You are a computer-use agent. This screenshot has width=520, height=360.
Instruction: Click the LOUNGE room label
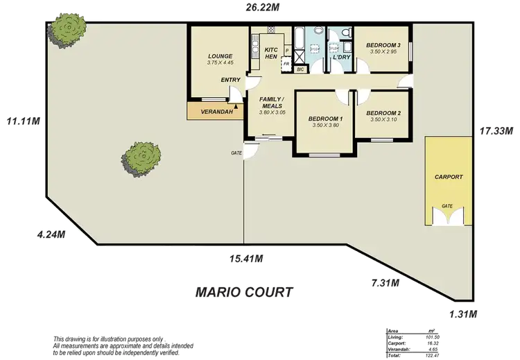pos(220,56)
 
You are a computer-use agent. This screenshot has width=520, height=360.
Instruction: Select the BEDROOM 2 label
pos(383,113)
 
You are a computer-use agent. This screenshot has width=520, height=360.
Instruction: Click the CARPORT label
pos(449,177)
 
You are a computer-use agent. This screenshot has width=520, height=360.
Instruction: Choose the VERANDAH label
pos(212,111)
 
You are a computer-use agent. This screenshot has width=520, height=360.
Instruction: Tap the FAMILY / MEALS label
pos(272,103)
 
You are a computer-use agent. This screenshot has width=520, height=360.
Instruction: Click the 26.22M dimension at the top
pos(263,7)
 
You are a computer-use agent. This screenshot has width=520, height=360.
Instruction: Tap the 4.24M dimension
pos(51,234)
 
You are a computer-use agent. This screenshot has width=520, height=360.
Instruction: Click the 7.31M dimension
pos(385,282)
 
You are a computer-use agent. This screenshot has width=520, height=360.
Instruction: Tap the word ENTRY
pos(231,80)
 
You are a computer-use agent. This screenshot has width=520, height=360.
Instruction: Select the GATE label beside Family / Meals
pos(237,153)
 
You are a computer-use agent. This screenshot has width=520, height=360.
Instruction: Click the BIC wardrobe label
pos(301,69)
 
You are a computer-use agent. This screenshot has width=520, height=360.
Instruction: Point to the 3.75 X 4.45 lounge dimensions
pos(220,63)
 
